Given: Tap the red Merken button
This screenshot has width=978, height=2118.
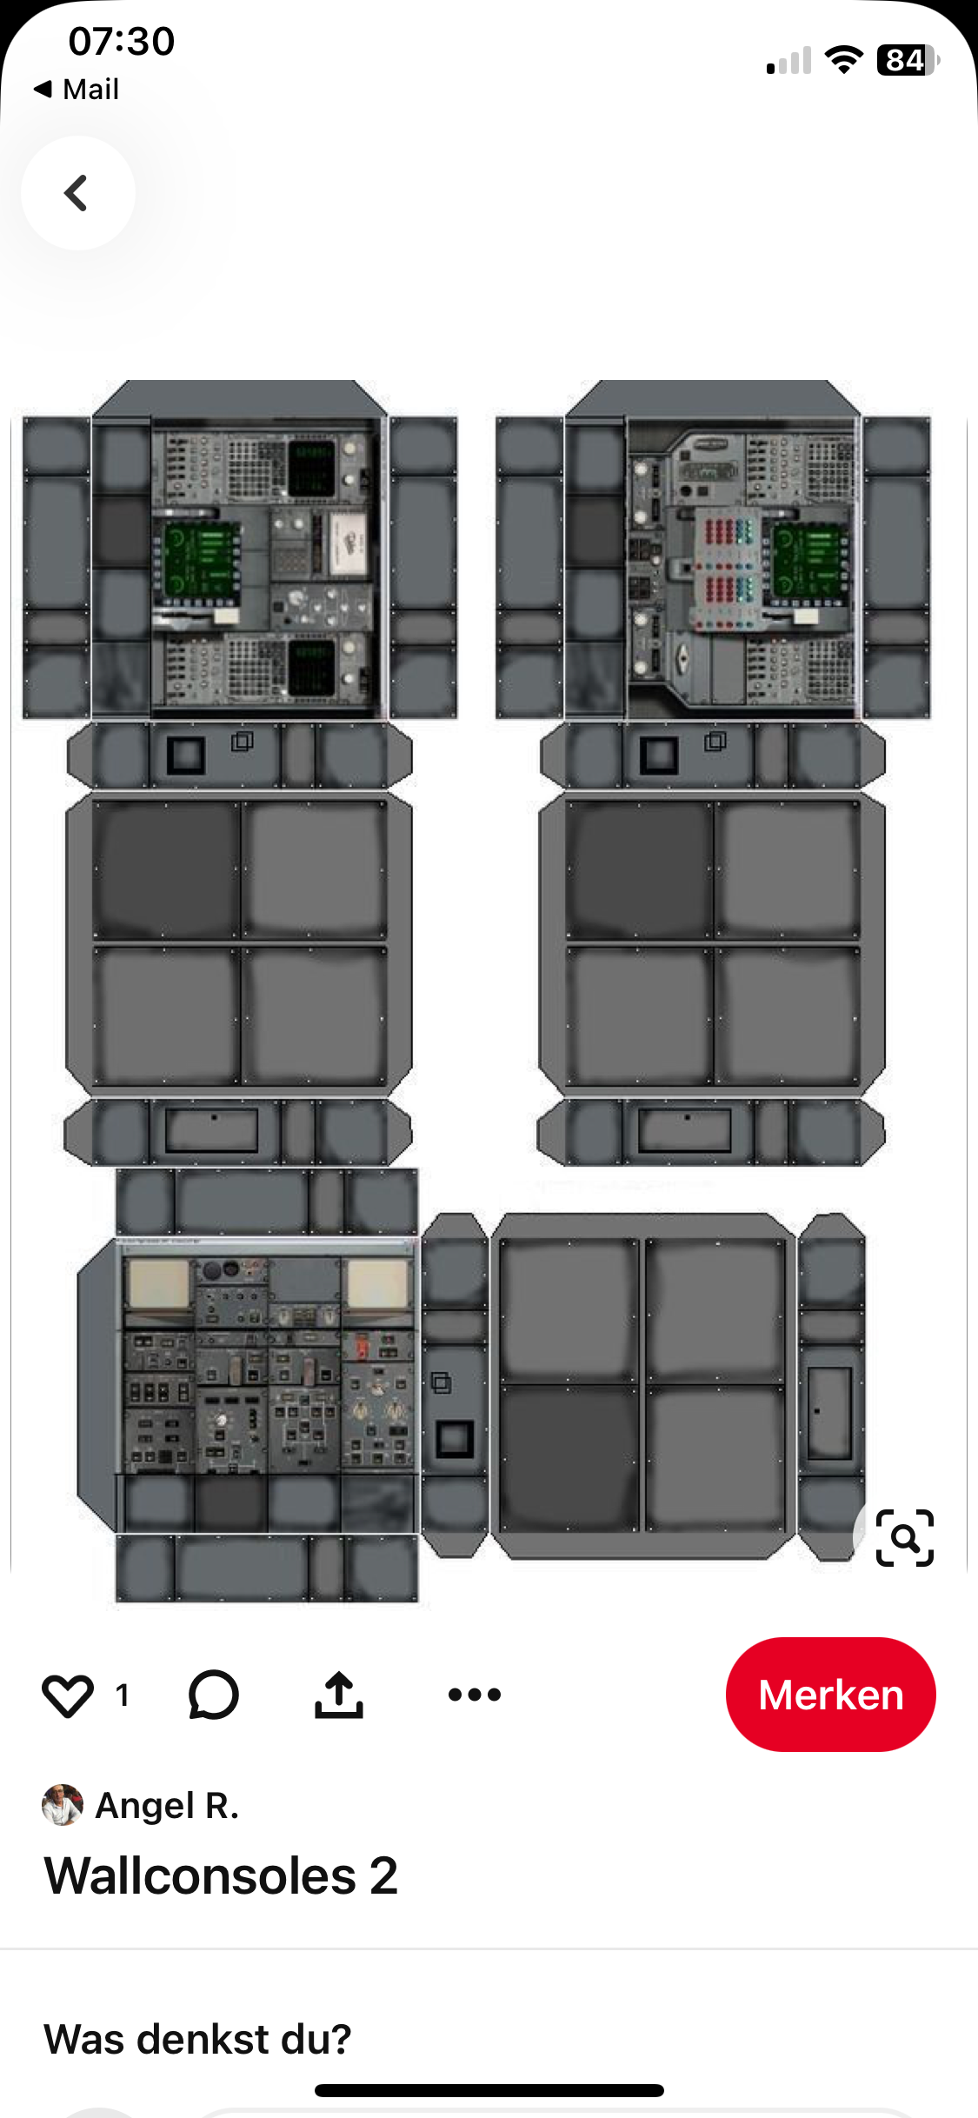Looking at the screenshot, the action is tap(830, 1694).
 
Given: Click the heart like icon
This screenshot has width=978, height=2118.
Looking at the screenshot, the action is tap(68, 1695).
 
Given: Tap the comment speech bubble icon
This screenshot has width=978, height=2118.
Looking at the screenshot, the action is tap(213, 1695).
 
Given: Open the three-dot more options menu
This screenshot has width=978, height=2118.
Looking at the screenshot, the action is tap(475, 1694).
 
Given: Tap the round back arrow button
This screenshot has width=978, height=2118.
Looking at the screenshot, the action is tap(78, 193).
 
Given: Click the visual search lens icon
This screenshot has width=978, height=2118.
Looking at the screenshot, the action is tap(905, 1538).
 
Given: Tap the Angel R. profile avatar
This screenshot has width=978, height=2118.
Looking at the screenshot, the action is tap(63, 1805).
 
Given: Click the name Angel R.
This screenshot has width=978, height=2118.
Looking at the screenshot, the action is tap(167, 1806).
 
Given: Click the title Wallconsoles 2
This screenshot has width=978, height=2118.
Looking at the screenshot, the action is tap(221, 1875).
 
